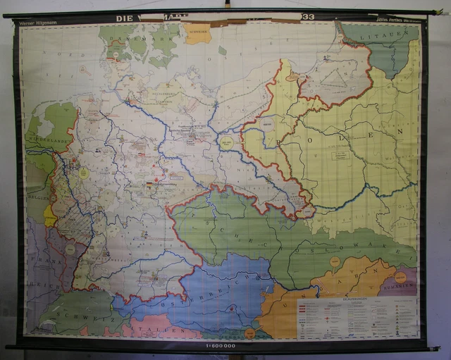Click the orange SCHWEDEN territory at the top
pyautogui.click(x=198, y=33)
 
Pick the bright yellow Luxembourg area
pyautogui.click(x=50, y=216)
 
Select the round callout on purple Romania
pyautogui.click(x=400, y=277)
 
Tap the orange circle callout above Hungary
pyautogui.click(x=335, y=261)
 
